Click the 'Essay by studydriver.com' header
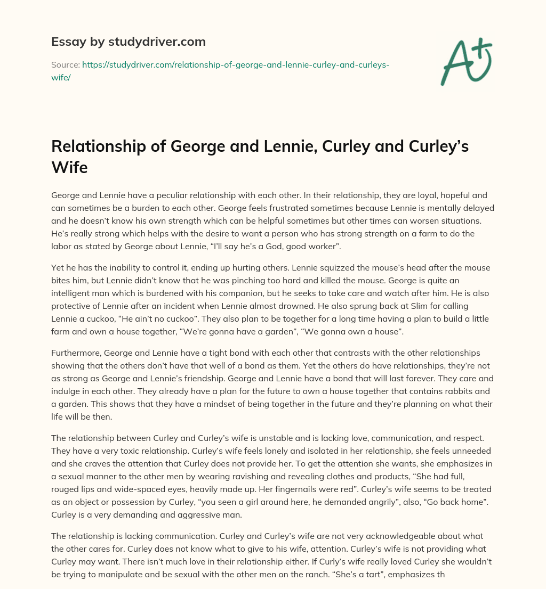(x=129, y=42)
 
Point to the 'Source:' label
(x=65, y=65)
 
